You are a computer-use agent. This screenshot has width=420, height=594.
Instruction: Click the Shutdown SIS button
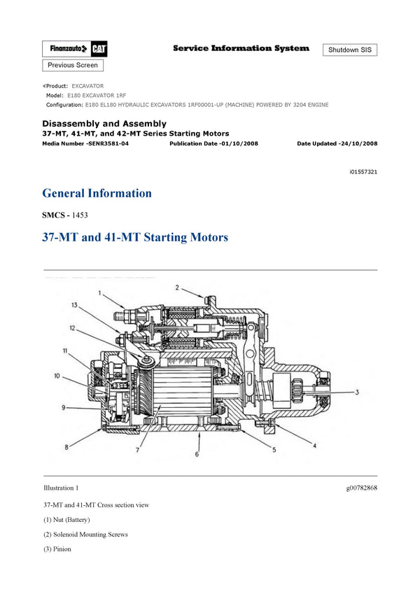tap(349, 50)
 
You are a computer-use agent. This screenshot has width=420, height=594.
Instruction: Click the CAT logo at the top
tap(99, 48)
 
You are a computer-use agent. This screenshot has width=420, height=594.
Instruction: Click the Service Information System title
tap(240, 48)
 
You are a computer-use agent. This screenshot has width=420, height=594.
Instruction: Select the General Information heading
tap(97, 193)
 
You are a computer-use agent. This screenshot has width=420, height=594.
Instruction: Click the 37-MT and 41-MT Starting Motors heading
tap(135, 238)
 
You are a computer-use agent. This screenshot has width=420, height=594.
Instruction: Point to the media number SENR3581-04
tap(85, 143)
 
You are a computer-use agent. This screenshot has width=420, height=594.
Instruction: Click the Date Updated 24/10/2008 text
tap(337, 143)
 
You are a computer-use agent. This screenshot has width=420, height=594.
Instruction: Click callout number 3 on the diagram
tap(356, 392)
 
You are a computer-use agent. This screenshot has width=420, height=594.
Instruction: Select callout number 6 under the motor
tap(197, 455)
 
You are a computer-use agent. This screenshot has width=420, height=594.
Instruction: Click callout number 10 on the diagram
tap(57, 376)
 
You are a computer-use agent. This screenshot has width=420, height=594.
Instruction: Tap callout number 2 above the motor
tap(177, 287)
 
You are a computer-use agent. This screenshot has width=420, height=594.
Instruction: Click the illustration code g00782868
tap(361, 488)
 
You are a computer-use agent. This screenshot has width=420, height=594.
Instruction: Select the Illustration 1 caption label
tap(61, 488)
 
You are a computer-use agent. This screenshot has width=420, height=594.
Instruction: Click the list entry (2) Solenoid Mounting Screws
tap(85, 535)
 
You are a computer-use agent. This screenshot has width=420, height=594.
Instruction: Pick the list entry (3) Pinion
tap(57, 549)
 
